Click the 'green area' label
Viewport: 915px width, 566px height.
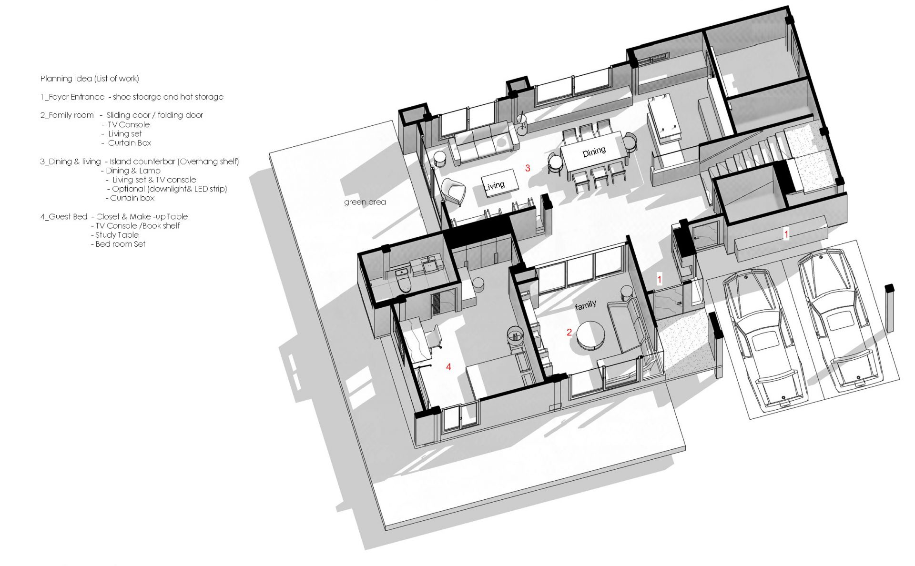[365, 202]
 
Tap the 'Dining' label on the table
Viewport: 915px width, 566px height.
[594, 152]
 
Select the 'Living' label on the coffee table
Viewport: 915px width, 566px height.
[494, 185]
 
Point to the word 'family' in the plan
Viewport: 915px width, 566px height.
[585, 305]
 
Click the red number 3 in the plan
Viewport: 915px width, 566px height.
[528, 168]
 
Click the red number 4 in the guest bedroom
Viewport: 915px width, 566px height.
[448, 366]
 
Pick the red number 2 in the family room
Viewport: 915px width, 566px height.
[569, 332]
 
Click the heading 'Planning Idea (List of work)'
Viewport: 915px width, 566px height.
[90, 79]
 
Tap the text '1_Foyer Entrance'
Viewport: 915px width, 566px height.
[72, 97]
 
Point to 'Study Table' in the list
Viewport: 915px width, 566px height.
[117, 235]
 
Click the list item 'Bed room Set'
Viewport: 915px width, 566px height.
[121, 244]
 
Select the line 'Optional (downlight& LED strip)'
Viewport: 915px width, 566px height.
[170, 189]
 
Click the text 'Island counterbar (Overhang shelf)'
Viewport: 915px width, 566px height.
[174, 162]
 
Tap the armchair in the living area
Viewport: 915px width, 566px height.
[454, 191]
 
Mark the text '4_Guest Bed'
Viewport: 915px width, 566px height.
[64, 217]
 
